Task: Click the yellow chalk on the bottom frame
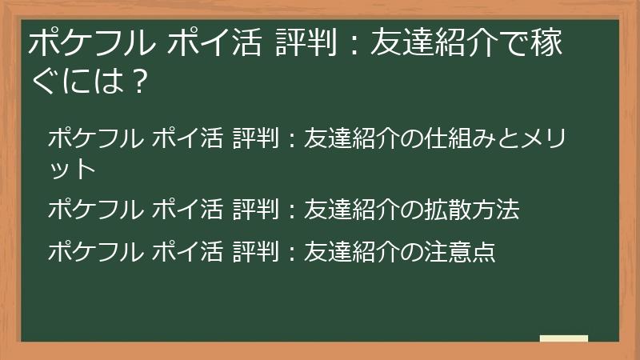pos(563,339)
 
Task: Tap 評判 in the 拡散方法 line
pos(257,210)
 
